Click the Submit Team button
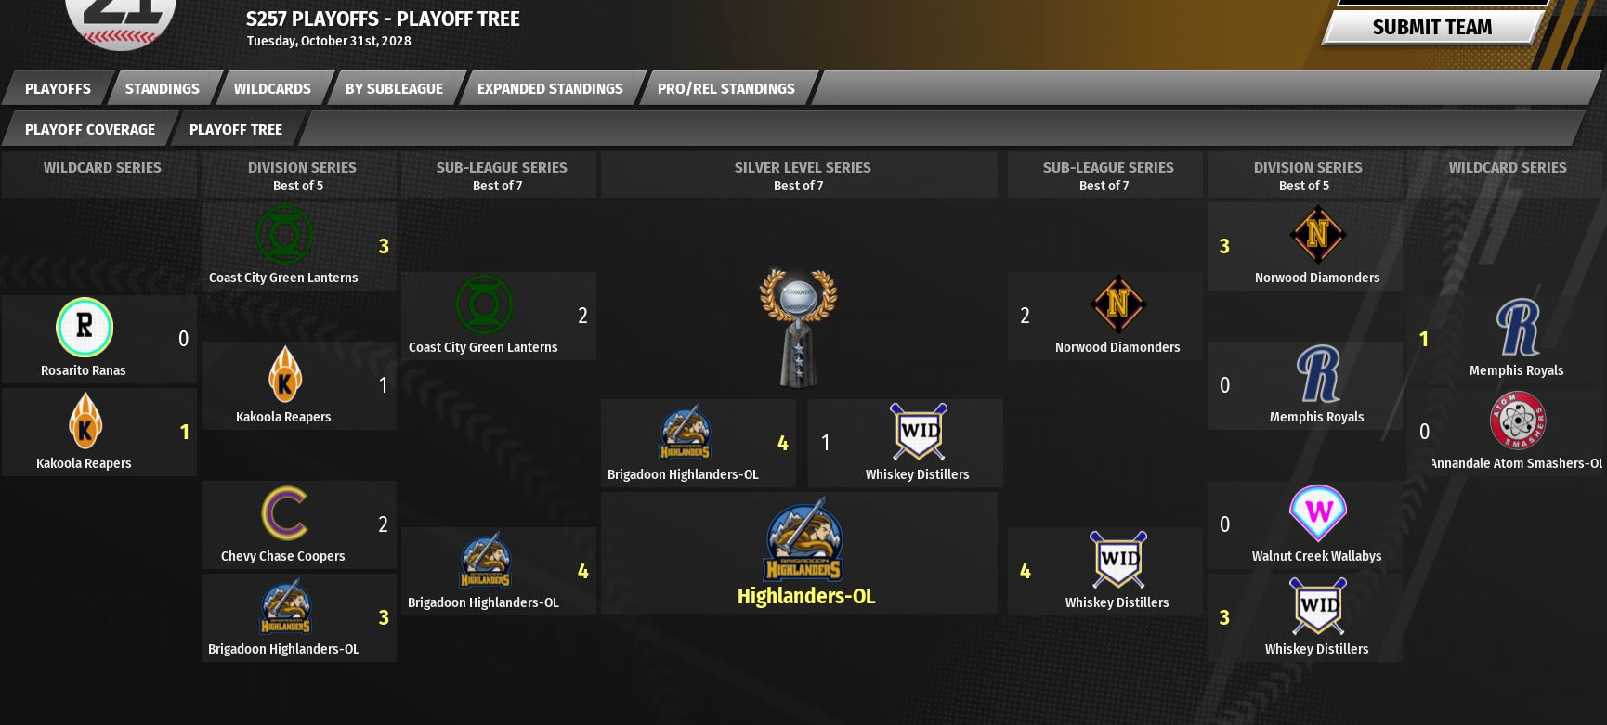coord(1431,28)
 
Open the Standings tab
coord(162,89)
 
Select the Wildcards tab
coord(272,89)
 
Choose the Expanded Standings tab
coord(550,89)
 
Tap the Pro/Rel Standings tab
coord(725,89)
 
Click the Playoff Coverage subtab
coord(89,130)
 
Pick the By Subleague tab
coord(394,89)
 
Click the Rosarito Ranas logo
coord(85,328)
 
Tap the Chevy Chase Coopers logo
coord(284,513)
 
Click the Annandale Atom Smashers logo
coord(1517,421)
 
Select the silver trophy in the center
coord(798,327)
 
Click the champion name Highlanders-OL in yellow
coord(805,596)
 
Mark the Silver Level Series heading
coord(802,168)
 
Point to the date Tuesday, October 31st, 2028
coord(328,41)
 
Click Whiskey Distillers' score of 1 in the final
coord(825,443)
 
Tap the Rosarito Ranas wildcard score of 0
coord(183,339)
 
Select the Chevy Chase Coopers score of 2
coord(383,524)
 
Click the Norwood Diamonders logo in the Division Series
coord(1317,235)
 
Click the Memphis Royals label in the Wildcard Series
coord(1516,370)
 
